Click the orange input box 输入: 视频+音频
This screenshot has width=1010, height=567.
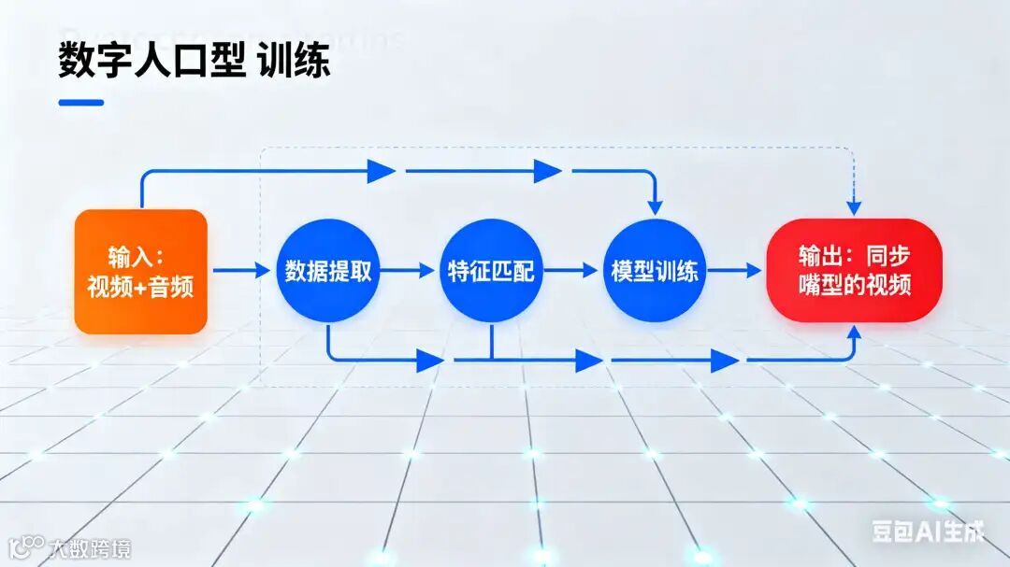pyautogui.click(x=140, y=272)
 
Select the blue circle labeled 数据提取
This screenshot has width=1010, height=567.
pyautogui.click(x=327, y=271)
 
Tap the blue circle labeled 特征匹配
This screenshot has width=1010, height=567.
pyautogui.click(x=490, y=271)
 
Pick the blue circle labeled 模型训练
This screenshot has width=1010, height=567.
pyautogui.click(x=654, y=271)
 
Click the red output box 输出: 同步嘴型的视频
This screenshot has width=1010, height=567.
pyautogui.click(x=854, y=271)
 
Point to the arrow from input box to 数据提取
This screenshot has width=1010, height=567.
pyautogui.click(x=240, y=271)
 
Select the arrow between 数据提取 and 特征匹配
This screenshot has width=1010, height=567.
pyautogui.click(x=409, y=271)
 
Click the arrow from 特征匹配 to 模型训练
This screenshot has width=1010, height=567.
pyautogui.click(x=570, y=271)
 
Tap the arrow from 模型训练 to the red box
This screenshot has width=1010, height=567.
pyautogui.click(x=735, y=271)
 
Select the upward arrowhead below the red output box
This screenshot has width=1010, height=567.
pyautogui.click(x=854, y=333)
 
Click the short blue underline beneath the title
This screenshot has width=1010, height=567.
pyautogui.click(x=80, y=103)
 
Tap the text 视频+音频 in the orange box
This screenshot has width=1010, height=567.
pyautogui.click(x=140, y=287)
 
